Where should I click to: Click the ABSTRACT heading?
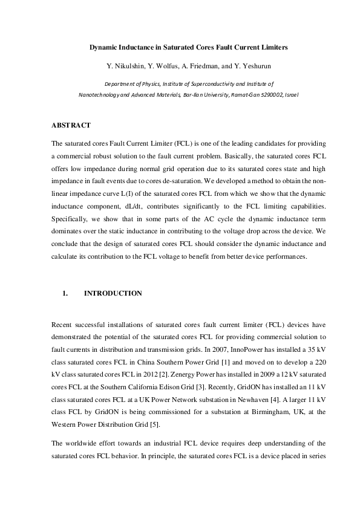tap(71, 125)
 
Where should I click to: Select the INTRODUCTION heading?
tap(113, 293)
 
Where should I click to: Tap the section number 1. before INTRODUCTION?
tap(65, 293)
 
